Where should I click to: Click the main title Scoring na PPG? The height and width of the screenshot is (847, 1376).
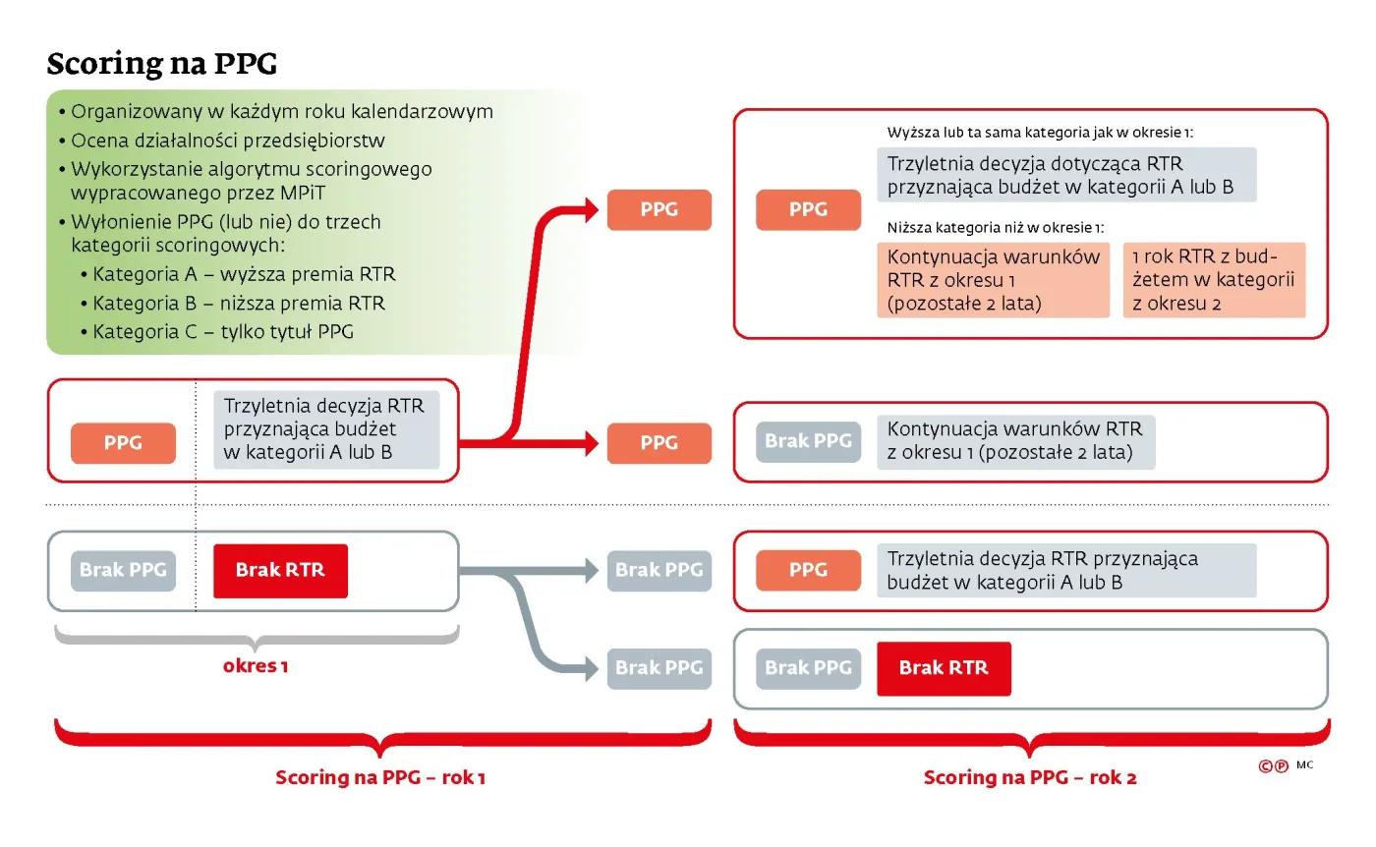pos(162,64)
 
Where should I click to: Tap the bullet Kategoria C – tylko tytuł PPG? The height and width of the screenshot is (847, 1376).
pos(223,332)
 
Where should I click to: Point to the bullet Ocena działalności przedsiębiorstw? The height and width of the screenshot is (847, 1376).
pos(227,141)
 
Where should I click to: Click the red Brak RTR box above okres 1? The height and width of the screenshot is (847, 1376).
pos(280,570)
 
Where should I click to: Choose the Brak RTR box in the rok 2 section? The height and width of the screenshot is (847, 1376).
pos(944,668)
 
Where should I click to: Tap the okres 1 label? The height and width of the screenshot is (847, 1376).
pos(256,666)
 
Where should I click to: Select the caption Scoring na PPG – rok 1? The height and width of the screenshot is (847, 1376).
pos(380,778)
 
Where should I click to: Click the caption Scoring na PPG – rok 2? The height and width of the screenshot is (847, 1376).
pos(1030,778)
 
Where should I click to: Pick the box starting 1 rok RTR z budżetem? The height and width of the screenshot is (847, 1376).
pos(1214,280)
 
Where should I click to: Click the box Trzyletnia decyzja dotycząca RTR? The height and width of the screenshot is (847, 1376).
pos(1066,175)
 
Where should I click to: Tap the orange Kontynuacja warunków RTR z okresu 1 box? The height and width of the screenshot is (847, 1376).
pos(994,280)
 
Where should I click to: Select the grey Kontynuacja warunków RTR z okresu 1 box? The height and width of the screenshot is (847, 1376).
pos(1015,441)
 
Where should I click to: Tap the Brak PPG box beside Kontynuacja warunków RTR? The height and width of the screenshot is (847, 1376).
pos(808,441)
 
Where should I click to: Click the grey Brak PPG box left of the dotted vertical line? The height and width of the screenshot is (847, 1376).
pos(123,570)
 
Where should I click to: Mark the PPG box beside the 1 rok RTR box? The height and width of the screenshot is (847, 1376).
pos(808,209)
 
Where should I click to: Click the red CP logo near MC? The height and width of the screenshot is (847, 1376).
pos(1273,767)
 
